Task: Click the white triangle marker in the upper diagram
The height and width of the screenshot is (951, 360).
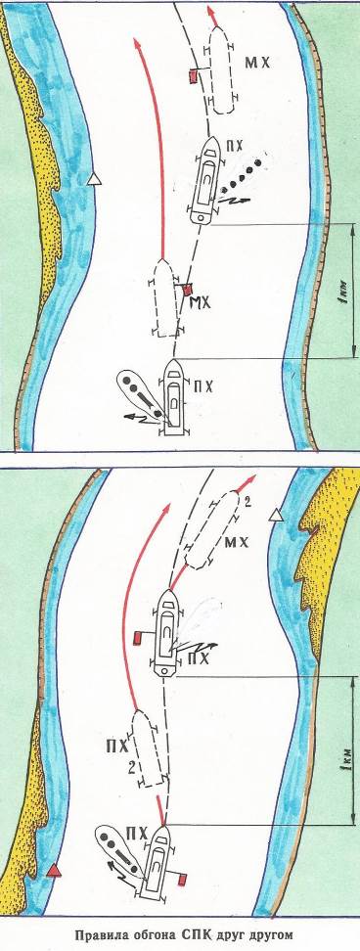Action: [93, 178]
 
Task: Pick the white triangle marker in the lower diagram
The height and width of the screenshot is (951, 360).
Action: [276, 515]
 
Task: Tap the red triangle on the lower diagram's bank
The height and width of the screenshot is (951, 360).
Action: [55, 871]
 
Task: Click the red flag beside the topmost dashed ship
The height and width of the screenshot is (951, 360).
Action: [192, 76]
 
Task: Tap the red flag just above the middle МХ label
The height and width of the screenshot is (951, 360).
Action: [187, 291]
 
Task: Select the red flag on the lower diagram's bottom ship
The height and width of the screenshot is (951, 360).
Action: [181, 879]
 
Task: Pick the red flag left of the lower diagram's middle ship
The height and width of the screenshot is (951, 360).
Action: [137, 638]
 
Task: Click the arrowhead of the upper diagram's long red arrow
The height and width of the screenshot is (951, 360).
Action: [136, 44]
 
